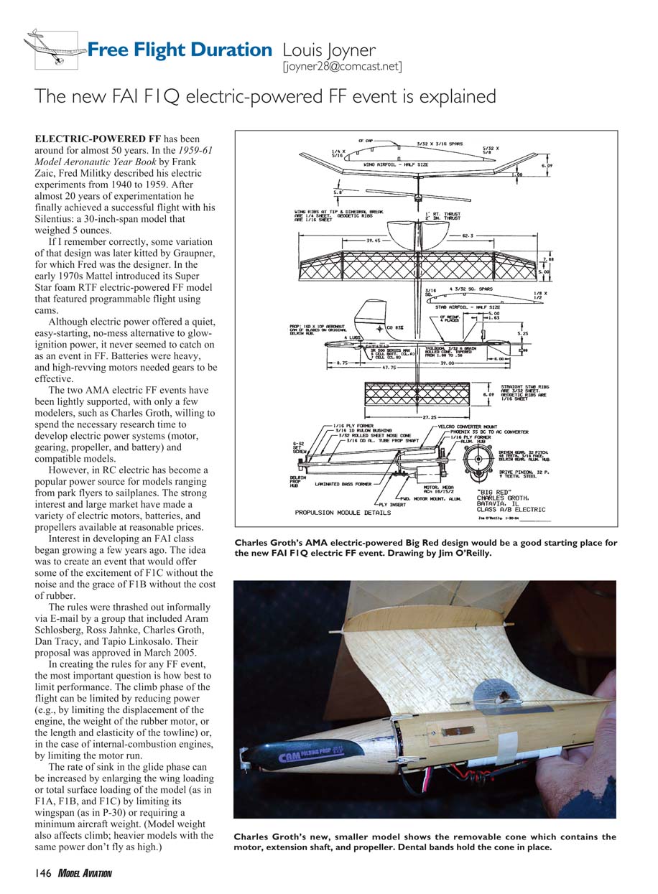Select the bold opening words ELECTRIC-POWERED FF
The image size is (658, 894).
pos(98,138)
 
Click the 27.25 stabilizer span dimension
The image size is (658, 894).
pos(420,416)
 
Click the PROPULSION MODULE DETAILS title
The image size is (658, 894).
pos(343,513)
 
